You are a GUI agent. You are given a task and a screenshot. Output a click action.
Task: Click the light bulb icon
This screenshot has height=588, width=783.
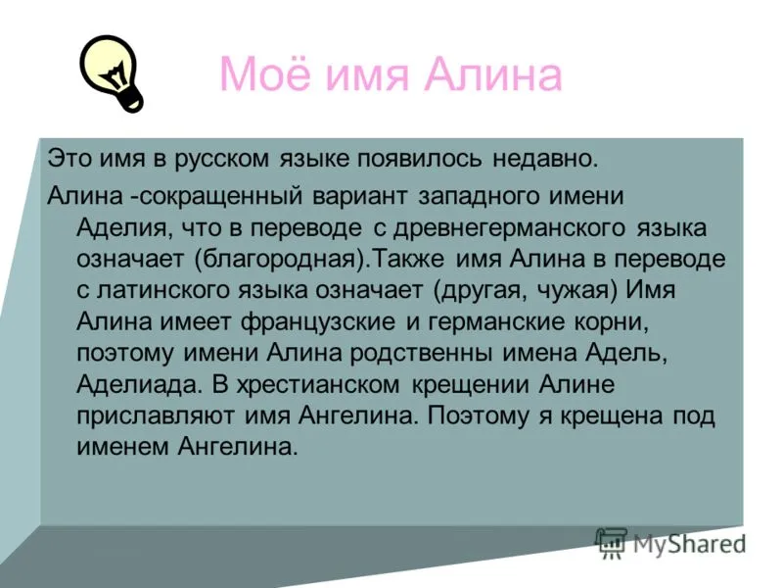(112, 73)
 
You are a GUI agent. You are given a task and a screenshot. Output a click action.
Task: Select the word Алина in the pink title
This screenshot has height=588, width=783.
(493, 75)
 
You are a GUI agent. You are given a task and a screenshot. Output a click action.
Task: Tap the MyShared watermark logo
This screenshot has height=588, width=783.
(670, 544)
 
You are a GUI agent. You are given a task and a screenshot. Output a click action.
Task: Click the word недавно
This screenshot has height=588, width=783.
(545, 159)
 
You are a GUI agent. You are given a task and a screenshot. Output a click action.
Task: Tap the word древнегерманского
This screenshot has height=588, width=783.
(509, 228)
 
